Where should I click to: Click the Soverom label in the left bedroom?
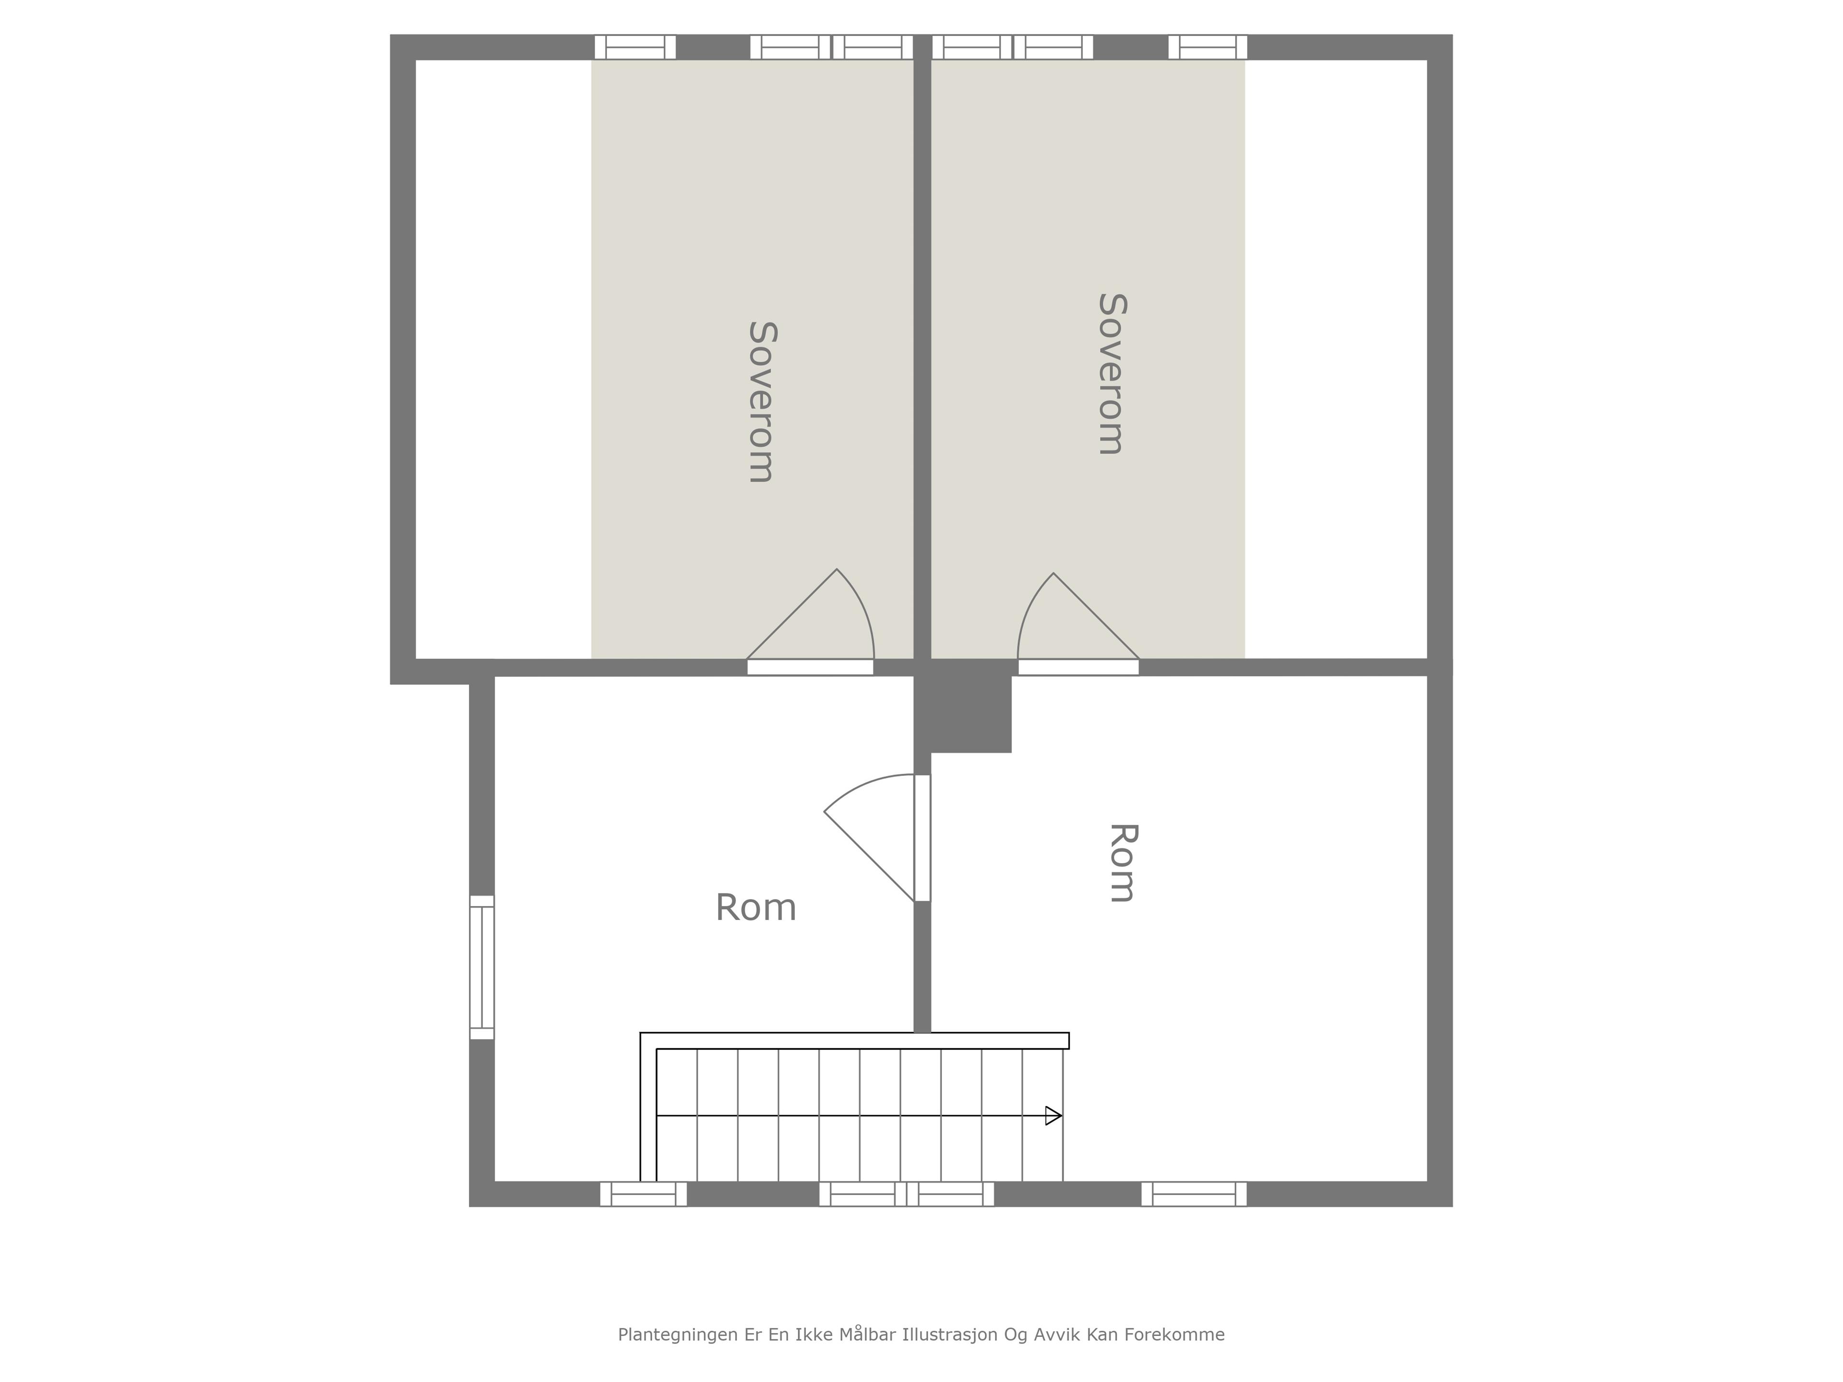[x=762, y=402]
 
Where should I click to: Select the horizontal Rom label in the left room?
[x=756, y=907]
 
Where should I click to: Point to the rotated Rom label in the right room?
[x=1122, y=863]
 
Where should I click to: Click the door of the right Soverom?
[x=1078, y=624]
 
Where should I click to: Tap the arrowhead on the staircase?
[x=1053, y=1115]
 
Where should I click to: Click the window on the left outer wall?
[x=481, y=967]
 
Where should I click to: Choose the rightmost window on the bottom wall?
[x=1194, y=1194]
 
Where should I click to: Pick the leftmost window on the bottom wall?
[x=643, y=1194]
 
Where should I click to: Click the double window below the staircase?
[x=907, y=1194]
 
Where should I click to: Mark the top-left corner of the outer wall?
[x=391, y=35]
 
